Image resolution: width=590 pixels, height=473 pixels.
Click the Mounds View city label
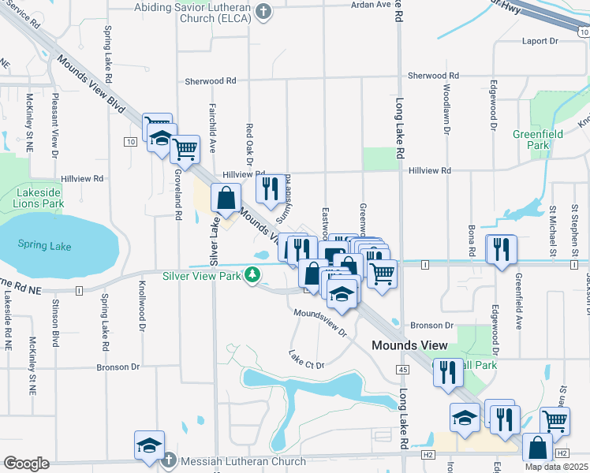point(409,345)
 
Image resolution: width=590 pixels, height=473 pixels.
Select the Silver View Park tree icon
point(252,275)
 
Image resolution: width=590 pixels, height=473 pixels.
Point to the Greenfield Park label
point(537,140)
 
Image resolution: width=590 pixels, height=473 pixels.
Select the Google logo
point(26,463)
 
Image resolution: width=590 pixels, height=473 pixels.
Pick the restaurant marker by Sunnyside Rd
point(271,188)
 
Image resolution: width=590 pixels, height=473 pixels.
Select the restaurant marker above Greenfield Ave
point(501,248)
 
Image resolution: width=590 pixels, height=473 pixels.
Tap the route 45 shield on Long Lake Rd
point(402,369)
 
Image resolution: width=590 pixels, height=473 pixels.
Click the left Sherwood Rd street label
point(211,81)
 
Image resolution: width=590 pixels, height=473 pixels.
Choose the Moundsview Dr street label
point(320,322)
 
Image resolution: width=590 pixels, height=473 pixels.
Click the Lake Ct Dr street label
point(307,359)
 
